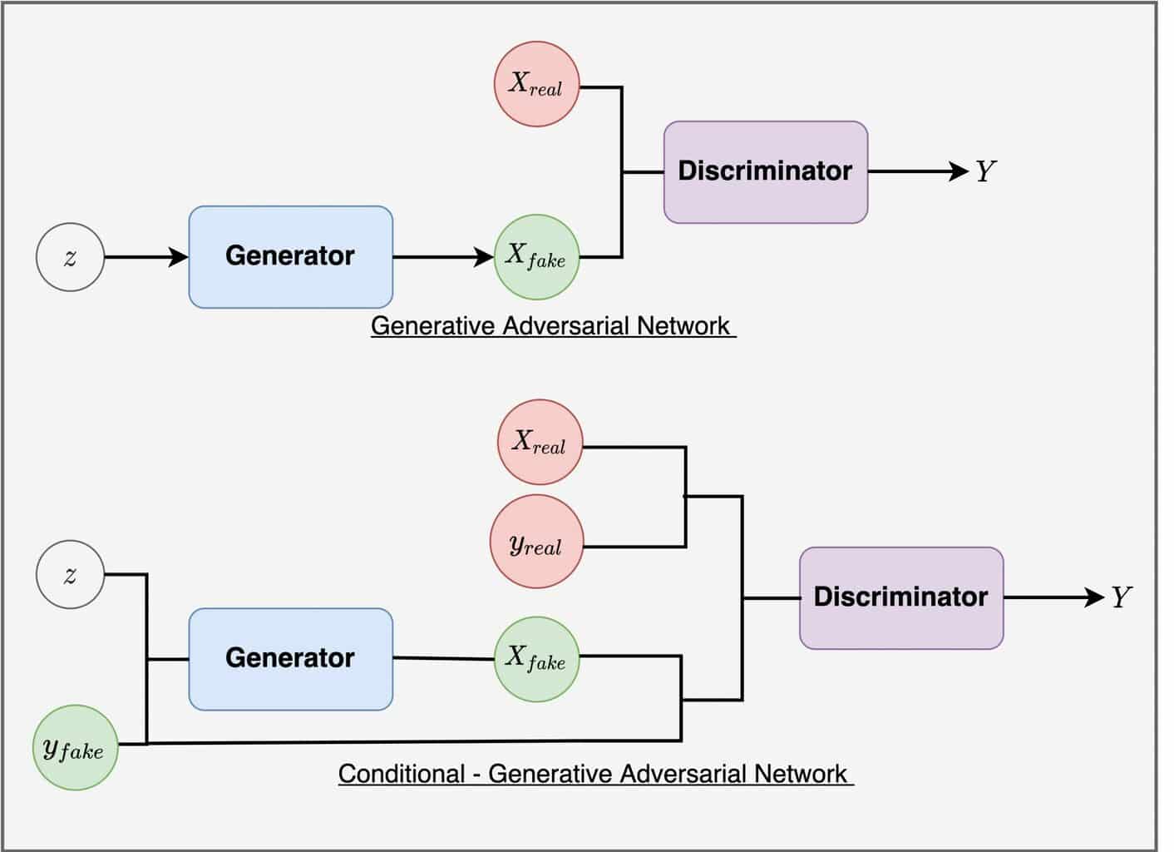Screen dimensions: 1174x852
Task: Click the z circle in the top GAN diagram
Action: [70, 257]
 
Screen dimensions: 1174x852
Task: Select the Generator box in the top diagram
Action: [291, 257]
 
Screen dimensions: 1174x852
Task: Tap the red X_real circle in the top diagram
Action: [536, 84]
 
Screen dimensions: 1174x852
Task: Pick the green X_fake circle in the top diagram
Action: [536, 257]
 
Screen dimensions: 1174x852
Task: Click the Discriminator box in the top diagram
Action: [766, 172]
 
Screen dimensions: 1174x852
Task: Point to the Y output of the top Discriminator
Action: [986, 171]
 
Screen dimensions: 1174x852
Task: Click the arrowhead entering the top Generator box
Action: [178, 257]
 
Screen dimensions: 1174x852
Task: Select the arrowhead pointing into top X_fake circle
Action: [483, 257]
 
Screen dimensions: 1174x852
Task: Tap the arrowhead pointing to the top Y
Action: [959, 171]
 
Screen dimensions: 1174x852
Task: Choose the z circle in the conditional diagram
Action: [70, 574]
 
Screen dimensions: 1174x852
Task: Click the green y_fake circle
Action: [76, 748]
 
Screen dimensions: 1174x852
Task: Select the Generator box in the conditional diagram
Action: [291, 660]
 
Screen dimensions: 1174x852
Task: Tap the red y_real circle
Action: [536, 542]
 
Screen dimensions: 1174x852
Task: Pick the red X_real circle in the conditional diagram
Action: [540, 443]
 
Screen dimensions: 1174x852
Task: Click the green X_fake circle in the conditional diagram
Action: [536, 660]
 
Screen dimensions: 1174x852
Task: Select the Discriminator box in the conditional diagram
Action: [901, 598]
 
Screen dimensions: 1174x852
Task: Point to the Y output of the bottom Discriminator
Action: [1121, 597]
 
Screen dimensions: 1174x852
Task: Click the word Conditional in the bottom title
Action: [402, 774]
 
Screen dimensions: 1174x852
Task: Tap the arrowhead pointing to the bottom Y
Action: [1094, 597]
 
